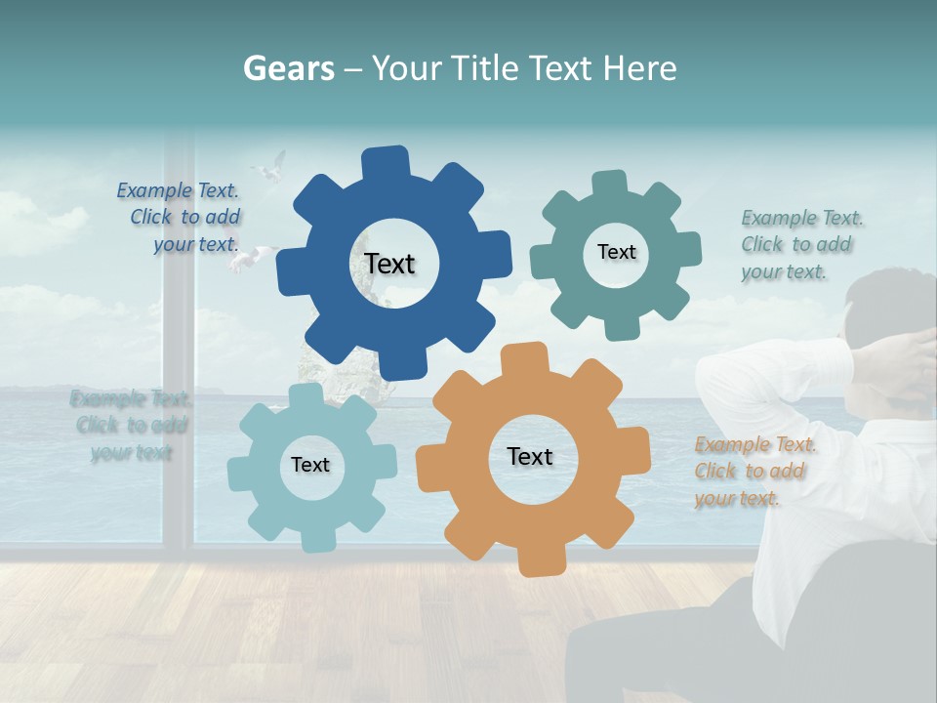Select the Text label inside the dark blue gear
click(x=389, y=264)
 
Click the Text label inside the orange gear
click(x=530, y=456)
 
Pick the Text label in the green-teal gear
click(x=616, y=252)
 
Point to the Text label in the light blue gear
click(x=310, y=465)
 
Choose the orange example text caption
click(x=754, y=472)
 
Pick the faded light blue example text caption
click(x=131, y=425)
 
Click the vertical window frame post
click(x=178, y=391)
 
